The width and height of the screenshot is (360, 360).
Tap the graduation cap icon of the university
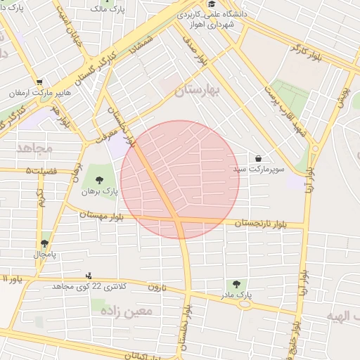(211, 4)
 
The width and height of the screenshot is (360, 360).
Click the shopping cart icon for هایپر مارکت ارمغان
(39, 82)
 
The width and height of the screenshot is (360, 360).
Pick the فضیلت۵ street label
(39, 171)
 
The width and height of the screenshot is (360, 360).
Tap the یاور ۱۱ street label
(12, 278)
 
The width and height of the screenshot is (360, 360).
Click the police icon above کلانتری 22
(88, 276)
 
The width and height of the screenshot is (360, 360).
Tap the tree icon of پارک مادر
(236, 284)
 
